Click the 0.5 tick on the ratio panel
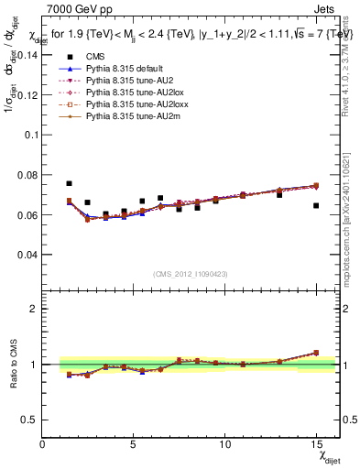point(29,420)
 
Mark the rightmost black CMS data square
point(316,205)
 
